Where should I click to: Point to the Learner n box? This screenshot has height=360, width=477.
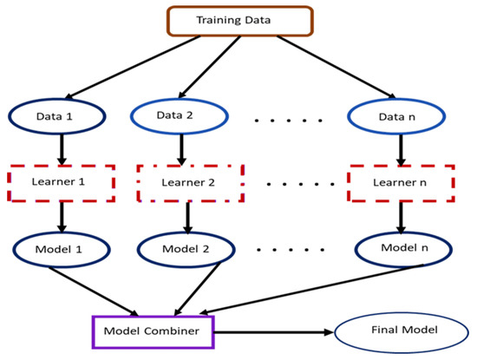(x=399, y=183)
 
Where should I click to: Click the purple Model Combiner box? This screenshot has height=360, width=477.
(x=154, y=330)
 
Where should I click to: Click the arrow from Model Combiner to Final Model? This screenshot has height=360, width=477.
(x=269, y=331)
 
